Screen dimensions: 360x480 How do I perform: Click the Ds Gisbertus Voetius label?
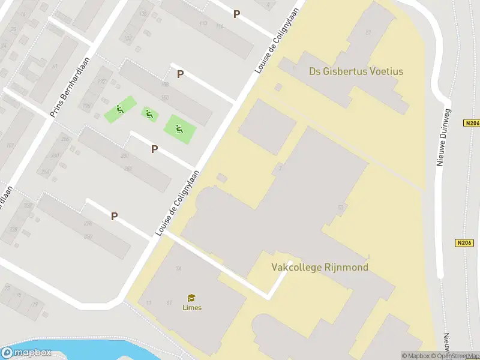(x=356, y=71)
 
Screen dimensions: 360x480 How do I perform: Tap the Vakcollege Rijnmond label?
(x=320, y=267)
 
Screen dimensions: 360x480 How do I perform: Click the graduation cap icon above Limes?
(x=192, y=298)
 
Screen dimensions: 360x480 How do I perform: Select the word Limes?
(x=192, y=308)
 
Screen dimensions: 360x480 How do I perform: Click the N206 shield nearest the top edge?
(x=472, y=124)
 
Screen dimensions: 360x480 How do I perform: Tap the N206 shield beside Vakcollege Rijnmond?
(x=463, y=243)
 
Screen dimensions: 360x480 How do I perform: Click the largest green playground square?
(x=180, y=129)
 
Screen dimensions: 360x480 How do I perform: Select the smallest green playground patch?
(x=149, y=114)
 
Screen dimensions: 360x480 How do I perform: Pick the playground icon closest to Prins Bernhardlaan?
(x=119, y=110)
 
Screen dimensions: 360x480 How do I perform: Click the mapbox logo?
(x=26, y=353)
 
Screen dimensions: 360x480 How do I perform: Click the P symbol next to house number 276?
(x=113, y=217)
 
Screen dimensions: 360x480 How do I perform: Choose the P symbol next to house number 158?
(x=179, y=74)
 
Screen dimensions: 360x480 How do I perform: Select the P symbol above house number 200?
(x=154, y=149)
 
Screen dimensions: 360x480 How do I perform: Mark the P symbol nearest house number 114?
(x=236, y=14)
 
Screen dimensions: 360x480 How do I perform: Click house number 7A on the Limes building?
(x=178, y=269)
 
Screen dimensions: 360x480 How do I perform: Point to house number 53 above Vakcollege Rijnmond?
(x=341, y=208)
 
